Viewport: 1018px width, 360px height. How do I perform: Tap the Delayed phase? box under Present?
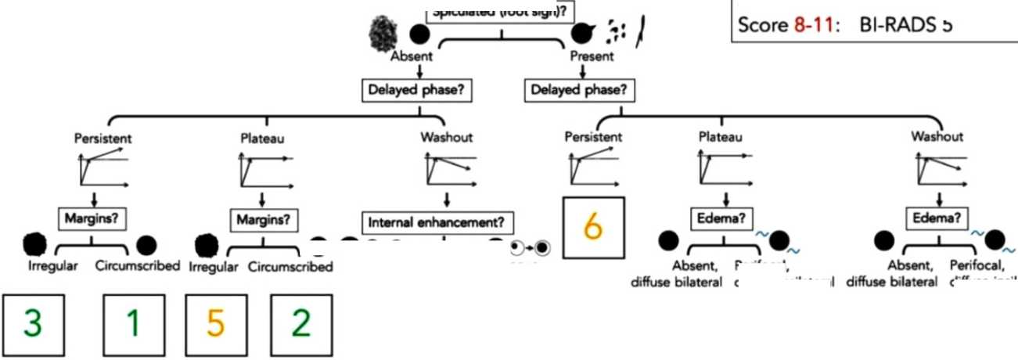(580, 90)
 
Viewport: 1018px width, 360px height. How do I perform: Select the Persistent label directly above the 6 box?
(593, 136)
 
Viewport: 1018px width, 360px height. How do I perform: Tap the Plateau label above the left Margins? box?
(262, 139)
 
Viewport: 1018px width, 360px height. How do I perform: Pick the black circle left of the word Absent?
(420, 34)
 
